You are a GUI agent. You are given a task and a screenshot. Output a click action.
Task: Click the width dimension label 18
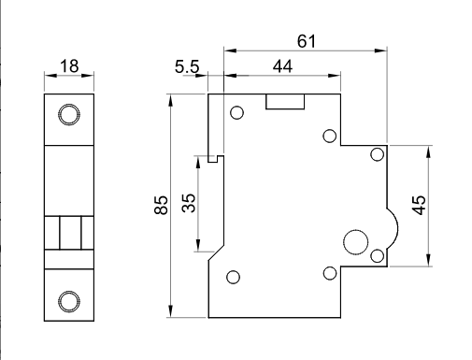(68, 66)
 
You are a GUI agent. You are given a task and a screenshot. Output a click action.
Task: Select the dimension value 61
(306, 40)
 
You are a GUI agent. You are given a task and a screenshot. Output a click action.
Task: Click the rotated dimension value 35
(187, 204)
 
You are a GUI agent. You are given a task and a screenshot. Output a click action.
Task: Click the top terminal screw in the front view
(68, 115)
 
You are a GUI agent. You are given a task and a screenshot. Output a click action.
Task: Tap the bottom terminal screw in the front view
(68, 300)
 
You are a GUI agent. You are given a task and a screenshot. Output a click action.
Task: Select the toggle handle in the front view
(68, 232)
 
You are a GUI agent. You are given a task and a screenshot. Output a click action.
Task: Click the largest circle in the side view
(355, 242)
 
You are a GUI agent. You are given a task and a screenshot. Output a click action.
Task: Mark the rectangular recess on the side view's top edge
(284, 101)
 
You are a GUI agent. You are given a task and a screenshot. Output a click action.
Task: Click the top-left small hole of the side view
(236, 113)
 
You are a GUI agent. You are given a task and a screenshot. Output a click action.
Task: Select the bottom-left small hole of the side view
(234, 276)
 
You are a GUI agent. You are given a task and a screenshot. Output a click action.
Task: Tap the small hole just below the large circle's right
(377, 255)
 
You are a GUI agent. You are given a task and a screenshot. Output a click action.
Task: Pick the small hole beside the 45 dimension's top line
(377, 154)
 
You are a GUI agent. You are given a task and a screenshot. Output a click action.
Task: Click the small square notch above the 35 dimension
(214, 158)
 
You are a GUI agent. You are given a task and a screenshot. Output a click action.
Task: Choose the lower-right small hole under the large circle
(330, 273)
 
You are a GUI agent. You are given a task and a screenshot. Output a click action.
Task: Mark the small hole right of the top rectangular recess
(330, 137)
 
